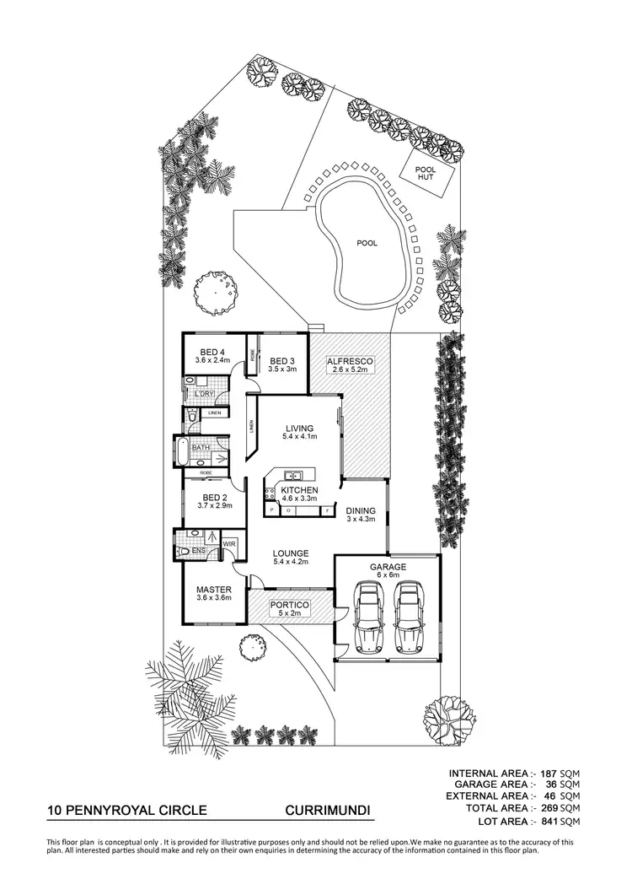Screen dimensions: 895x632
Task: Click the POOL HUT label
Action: click(x=426, y=173)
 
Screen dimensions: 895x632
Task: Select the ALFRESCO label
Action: click(x=350, y=361)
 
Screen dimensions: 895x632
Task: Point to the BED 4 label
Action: click(x=212, y=353)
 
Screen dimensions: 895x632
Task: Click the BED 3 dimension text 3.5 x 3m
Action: click(x=282, y=369)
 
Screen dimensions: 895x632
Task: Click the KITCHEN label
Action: click(x=299, y=490)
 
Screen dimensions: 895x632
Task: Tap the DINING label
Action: click(x=361, y=510)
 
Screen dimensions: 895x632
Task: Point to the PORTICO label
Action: click(x=290, y=605)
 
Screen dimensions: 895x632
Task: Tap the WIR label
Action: click(x=229, y=544)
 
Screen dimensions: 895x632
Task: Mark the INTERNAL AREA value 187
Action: click(x=549, y=774)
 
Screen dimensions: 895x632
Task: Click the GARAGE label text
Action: click(x=388, y=567)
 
